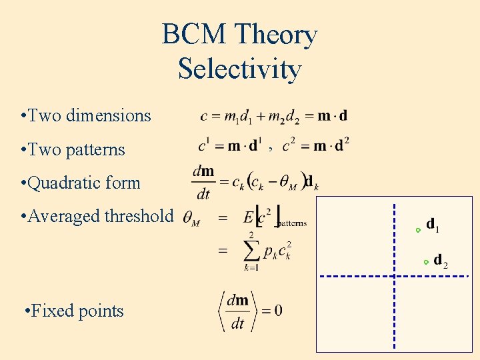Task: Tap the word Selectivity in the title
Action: click(x=239, y=69)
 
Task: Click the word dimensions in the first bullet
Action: click(x=109, y=115)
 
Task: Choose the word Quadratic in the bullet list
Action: click(x=62, y=183)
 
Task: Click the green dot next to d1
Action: click(x=418, y=230)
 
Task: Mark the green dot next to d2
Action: click(x=426, y=263)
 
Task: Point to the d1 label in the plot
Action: click(x=433, y=225)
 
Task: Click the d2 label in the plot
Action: click(x=441, y=260)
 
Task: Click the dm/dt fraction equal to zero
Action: click(x=237, y=311)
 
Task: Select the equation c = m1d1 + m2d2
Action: click(x=273, y=116)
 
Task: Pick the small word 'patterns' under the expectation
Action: click(x=291, y=223)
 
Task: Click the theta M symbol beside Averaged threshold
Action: click(x=191, y=218)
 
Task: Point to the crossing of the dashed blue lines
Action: click(x=395, y=276)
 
